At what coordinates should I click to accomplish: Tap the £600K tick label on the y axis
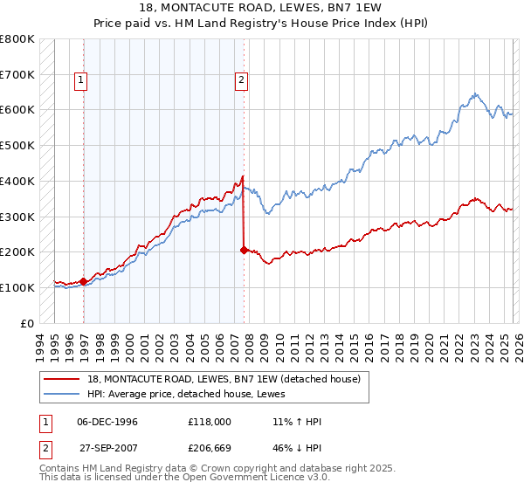pos(17,110)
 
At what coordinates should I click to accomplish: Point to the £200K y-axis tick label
pos(17,251)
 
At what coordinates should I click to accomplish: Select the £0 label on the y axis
pos(27,323)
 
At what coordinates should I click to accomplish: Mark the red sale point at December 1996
pos(84,281)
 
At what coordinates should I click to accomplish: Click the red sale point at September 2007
pos(244,250)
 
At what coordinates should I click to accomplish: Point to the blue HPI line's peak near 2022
pos(473,93)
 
